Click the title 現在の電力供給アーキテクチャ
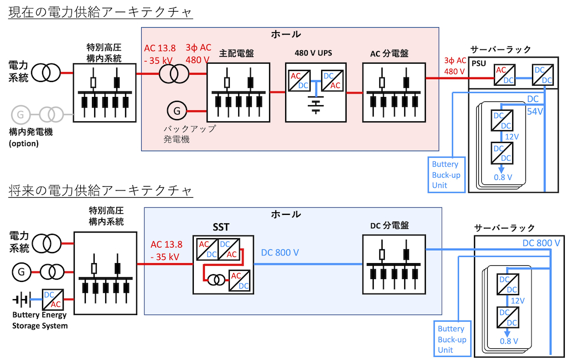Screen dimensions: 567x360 click(100, 12)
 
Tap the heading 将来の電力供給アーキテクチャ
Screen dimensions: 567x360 click(100, 191)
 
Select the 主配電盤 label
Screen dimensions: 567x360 click(236, 54)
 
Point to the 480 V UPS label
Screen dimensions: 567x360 click(313, 53)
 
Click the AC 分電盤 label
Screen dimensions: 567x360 click(389, 54)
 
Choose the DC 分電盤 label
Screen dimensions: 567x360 click(389, 226)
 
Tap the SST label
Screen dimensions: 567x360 click(220, 227)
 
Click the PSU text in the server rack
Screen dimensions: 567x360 click(478, 64)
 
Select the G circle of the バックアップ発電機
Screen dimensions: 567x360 click(177, 111)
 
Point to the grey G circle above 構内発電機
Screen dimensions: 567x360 click(20, 115)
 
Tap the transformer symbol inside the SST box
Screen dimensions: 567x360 click(216, 279)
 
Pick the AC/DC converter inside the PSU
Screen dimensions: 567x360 click(504, 75)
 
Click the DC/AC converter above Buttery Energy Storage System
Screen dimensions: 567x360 click(53, 300)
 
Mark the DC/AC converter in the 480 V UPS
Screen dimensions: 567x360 click(332, 81)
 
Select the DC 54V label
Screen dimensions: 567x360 click(534, 105)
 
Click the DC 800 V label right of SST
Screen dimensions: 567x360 click(280, 253)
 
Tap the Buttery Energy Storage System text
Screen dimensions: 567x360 click(40, 320)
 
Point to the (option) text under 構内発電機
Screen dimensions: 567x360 click(23, 143)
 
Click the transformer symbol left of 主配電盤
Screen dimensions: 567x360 click(174, 74)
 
